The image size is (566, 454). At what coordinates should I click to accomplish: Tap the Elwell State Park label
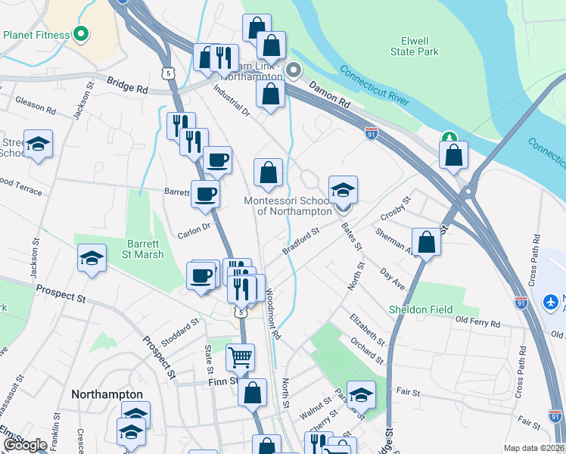click(415, 46)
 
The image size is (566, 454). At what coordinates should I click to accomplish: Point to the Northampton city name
click(107, 394)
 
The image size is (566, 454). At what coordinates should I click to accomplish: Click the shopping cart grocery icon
click(240, 356)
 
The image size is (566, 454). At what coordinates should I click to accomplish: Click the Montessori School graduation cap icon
click(343, 189)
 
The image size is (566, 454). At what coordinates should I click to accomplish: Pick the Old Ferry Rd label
click(478, 323)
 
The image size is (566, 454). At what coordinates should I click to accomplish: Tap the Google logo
click(25, 445)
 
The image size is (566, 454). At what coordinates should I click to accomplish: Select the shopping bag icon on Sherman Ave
click(427, 243)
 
